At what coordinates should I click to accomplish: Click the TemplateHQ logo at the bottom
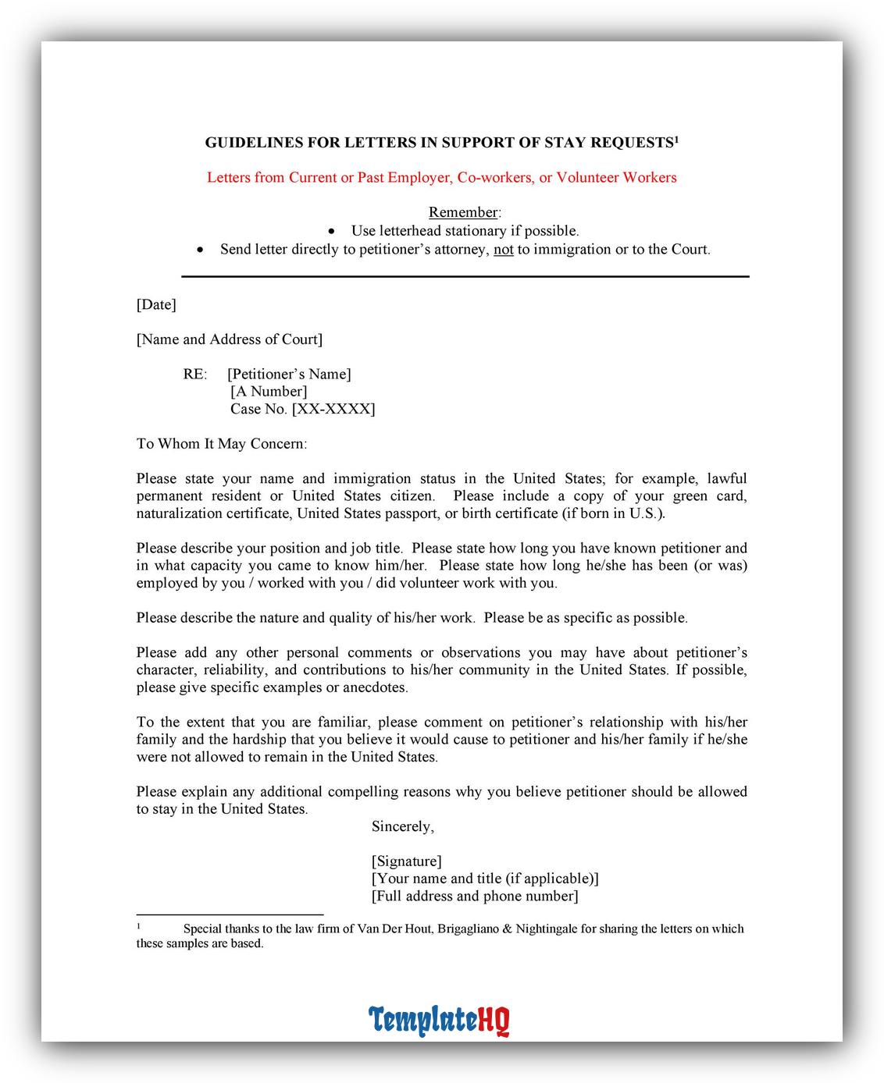pos(439,1020)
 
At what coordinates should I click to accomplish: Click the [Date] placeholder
pos(156,304)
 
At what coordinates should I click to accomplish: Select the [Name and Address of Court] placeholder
pos(229,339)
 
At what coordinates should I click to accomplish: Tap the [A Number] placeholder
pos(269,391)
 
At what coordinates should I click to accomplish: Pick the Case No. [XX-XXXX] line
pos(302,409)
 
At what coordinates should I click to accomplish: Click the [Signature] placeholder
pos(406,861)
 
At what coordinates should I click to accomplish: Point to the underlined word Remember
pos(463,212)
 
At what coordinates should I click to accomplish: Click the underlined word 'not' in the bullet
pos(504,250)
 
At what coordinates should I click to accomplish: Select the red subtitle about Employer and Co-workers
pos(441,177)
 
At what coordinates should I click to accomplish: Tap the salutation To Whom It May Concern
pos(222,443)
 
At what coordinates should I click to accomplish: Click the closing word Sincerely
pos(402,826)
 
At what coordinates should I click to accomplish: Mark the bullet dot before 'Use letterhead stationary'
pos(333,232)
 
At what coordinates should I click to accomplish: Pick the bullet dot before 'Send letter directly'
pos(201,250)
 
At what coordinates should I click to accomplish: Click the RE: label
pos(195,374)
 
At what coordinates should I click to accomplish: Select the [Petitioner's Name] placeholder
pos(289,374)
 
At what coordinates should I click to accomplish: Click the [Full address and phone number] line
pos(475,896)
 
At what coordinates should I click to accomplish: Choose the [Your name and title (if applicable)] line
pos(485,879)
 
